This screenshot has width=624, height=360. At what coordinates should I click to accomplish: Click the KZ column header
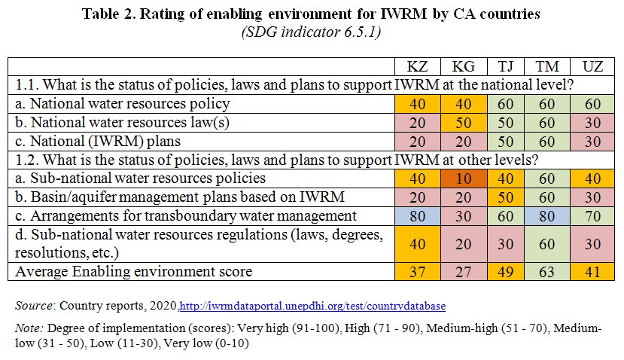pyautogui.click(x=418, y=66)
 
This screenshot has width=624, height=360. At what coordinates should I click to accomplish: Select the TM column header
pyautogui.click(x=546, y=66)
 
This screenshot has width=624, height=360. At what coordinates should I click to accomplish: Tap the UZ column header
pyautogui.click(x=592, y=66)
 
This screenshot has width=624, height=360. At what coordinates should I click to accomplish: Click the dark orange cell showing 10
pyautogui.click(x=464, y=178)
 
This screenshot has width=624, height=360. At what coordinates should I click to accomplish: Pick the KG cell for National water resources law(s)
pyautogui.click(x=464, y=123)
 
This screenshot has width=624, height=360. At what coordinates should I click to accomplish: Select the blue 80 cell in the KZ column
pyautogui.click(x=418, y=216)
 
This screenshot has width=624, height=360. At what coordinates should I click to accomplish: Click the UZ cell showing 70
pyautogui.click(x=592, y=216)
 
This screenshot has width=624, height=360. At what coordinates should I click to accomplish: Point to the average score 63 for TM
pyautogui.click(x=546, y=272)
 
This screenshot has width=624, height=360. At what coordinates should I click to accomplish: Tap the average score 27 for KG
pyautogui.click(x=464, y=272)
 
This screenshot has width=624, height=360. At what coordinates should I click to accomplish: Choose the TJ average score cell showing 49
pyautogui.click(x=505, y=272)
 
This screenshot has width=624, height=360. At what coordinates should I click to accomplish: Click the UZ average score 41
pyautogui.click(x=592, y=272)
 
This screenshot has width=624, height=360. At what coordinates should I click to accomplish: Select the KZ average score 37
pyautogui.click(x=418, y=272)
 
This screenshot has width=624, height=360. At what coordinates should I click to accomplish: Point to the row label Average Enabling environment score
pyautogui.click(x=134, y=272)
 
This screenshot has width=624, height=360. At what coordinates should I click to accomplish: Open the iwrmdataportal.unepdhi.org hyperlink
pyautogui.click(x=312, y=306)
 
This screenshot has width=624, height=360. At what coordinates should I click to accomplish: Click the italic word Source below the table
pyautogui.click(x=33, y=306)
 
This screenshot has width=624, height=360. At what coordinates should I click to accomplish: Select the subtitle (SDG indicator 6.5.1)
pyautogui.click(x=311, y=32)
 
